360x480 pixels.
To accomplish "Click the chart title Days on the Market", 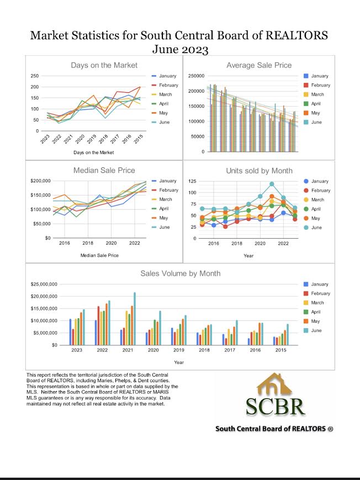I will point(104,65).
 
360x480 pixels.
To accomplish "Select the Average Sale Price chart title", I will point(258,65).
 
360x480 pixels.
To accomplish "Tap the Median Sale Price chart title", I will point(104,170).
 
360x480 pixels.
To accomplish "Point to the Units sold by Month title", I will point(259,170).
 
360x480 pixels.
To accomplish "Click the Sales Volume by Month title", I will point(180,273).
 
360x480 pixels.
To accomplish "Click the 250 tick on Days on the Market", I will point(35,76).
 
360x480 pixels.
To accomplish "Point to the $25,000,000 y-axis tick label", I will point(44,284).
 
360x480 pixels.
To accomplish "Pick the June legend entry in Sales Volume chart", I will point(316,330).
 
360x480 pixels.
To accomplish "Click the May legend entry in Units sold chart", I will point(316,218).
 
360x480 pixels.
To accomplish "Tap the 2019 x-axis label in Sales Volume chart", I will point(179,350).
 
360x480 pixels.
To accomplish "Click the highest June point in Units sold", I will point(272,184).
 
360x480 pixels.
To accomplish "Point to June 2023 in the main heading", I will point(180,50).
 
